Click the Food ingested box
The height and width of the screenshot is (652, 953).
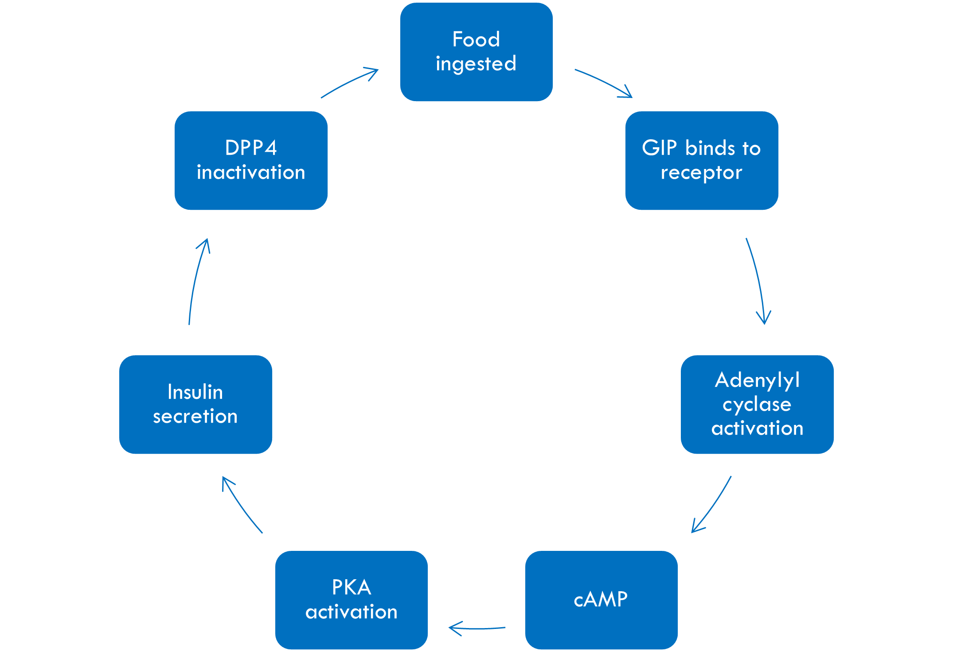[x=476, y=52]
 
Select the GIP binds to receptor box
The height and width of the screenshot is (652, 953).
[x=701, y=160]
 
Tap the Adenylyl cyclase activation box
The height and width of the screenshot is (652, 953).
[x=757, y=404]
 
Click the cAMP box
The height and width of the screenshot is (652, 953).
[x=601, y=600]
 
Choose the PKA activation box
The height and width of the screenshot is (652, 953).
[x=352, y=600]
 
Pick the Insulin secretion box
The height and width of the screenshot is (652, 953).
[x=195, y=404]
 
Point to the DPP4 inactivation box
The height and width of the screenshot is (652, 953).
[x=251, y=160]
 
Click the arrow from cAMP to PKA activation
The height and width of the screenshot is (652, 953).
[x=477, y=628]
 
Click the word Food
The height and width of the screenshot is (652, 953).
[x=476, y=39]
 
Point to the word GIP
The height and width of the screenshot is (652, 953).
[x=659, y=148]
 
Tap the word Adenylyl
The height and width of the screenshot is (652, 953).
[x=757, y=380]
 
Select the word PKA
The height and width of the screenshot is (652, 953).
[x=352, y=587]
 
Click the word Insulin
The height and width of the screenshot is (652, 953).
[x=195, y=392]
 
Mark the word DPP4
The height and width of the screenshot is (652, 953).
[x=251, y=148]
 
